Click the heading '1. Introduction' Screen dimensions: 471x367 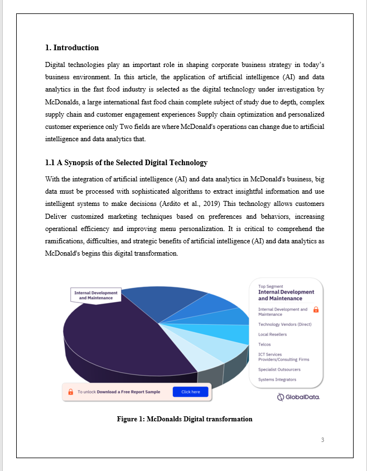click(x=71, y=47)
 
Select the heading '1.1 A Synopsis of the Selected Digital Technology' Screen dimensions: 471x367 click(x=126, y=162)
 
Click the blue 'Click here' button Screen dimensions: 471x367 click(x=190, y=392)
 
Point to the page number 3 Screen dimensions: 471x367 click(x=322, y=440)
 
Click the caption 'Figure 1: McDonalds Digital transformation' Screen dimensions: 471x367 click(x=184, y=419)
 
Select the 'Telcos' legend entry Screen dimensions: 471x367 click(x=264, y=344)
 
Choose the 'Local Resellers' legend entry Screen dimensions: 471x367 click(x=272, y=334)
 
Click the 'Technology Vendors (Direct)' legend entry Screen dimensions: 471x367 click(x=284, y=324)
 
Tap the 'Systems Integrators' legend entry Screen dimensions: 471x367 click(x=277, y=379)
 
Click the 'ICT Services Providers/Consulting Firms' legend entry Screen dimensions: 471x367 click(x=283, y=357)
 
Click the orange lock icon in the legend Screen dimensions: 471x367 click(x=316, y=309)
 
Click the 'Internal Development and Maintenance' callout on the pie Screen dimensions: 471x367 click(x=96, y=295)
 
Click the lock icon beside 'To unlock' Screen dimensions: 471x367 click(x=70, y=392)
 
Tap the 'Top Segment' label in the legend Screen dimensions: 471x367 click(x=271, y=286)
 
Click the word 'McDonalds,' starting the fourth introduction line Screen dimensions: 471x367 click(x=61, y=103)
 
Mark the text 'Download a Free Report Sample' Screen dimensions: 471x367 click(x=128, y=392)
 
